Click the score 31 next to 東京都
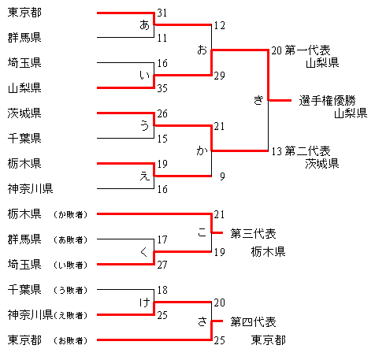click(162, 13)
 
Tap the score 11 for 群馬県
click(162, 38)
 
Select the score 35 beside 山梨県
click(162, 88)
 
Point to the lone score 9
click(222, 176)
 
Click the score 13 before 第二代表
click(277, 151)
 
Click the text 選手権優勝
click(327, 101)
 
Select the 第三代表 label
click(253, 234)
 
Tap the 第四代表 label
click(253, 322)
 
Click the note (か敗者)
click(70, 215)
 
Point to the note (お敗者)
click(70, 341)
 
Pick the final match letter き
click(258, 100)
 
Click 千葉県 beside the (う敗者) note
click(24, 290)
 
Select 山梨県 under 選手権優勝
click(351, 113)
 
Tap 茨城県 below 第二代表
click(322, 164)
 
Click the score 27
click(162, 265)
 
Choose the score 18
click(162, 290)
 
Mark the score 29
click(219, 76)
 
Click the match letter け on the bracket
click(144, 303)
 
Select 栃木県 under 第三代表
click(268, 252)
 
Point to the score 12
click(219, 25)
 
